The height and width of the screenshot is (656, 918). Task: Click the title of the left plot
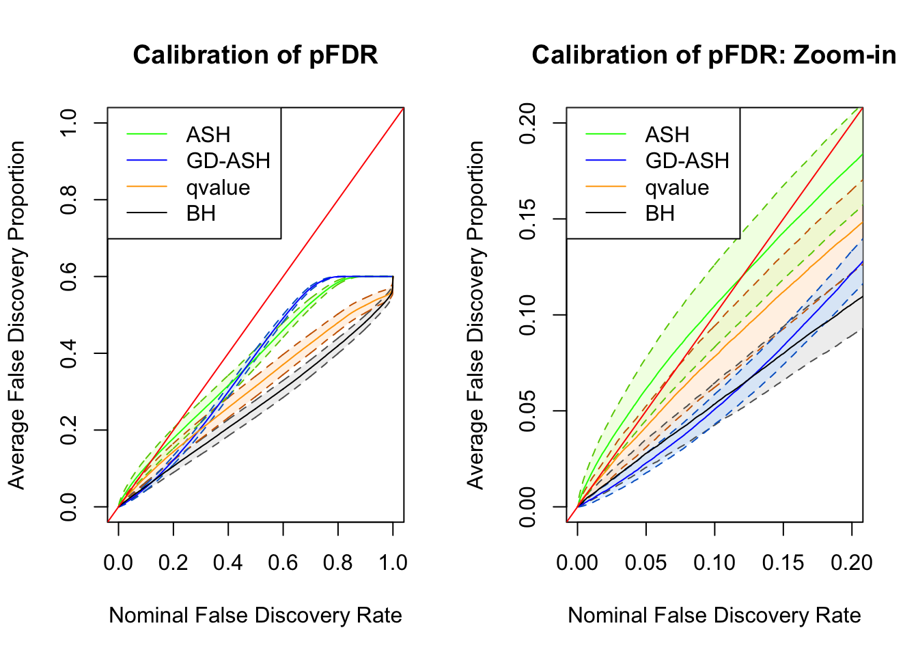click(x=255, y=55)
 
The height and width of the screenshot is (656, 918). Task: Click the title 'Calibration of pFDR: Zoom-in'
click(x=714, y=55)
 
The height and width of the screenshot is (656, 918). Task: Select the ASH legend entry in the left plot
click(x=208, y=135)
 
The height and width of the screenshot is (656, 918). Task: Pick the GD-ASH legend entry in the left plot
click(x=228, y=161)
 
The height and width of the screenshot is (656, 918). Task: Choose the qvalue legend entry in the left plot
click(x=218, y=187)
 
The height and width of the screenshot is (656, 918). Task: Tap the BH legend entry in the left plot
click(x=201, y=213)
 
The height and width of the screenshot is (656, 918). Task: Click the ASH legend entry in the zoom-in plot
click(x=667, y=135)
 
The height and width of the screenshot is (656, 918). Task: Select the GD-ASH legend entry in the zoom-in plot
click(x=687, y=161)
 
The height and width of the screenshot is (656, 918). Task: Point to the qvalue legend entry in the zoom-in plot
click(x=677, y=187)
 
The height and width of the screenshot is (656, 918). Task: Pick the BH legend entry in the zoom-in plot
click(x=660, y=213)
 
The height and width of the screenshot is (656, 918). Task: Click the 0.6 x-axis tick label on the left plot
click(x=283, y=562)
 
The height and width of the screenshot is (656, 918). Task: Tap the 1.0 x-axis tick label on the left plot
click(x=393, y=562)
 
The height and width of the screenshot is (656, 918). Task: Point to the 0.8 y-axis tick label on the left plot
click(x=68, y=200)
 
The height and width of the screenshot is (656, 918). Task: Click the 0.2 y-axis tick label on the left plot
click(x=68, y=430)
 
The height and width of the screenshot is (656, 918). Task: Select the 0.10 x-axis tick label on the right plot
click(x=714, y=562)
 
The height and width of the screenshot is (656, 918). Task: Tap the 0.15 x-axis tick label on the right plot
click(x=783, y=562)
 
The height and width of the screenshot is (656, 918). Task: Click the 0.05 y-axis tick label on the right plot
click(x=527, y=411)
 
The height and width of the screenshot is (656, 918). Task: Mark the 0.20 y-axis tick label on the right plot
click(x=527, y=123)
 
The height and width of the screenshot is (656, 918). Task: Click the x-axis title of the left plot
click(x=255, y=615)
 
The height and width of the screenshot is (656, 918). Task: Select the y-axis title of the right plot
click(x=475, y=315)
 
